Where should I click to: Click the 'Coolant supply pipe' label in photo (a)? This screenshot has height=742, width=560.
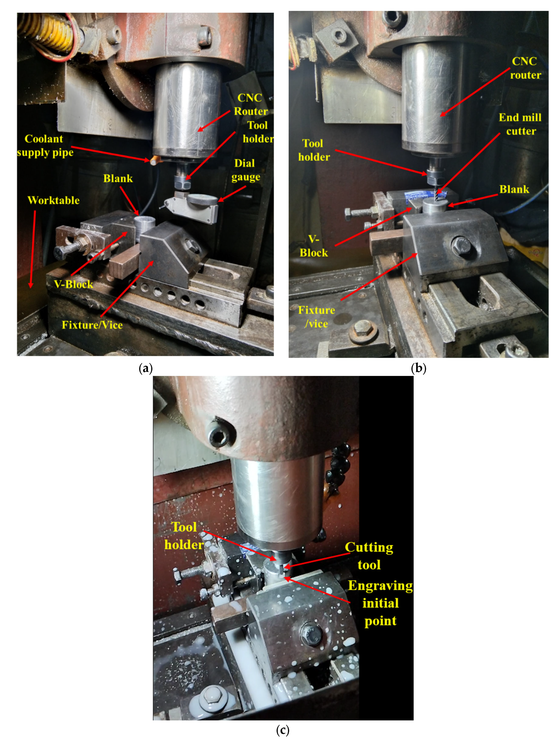pyautogui.click(x=45, y=146)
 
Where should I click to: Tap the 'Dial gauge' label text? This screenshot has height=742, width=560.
pyautogui.click(x=246, y=170)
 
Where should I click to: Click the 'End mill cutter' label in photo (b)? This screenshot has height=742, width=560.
pyautogui.click(x=520, y=124)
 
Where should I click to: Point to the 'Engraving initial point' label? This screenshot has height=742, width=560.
pyautogui.click(x=380, y=603)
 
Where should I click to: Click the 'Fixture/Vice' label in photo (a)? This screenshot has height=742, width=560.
pyautogui.click(x=92, y=325)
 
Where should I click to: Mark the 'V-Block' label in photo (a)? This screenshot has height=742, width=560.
pyautogui.click(x=73, y=284)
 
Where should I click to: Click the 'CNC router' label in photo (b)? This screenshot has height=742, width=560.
pyautogui.click(x=525, y=68)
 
